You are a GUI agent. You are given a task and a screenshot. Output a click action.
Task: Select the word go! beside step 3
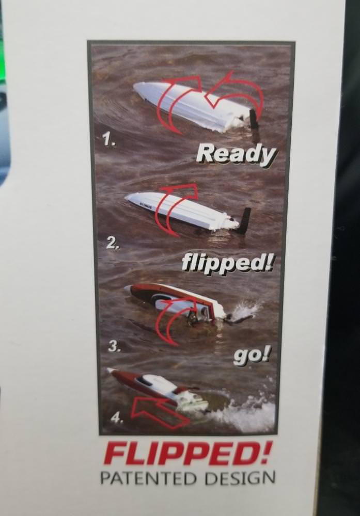click(252, 357)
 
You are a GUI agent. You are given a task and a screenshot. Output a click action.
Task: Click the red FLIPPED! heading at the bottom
click(187, 454)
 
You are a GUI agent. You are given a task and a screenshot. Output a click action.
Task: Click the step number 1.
click(108, 140)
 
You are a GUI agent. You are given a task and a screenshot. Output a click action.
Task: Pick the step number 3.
click(114, 347)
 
